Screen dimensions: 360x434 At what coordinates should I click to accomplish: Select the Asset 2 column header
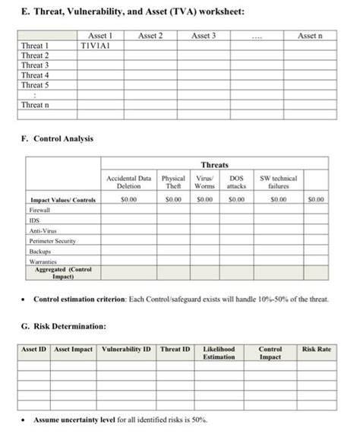(150, 36)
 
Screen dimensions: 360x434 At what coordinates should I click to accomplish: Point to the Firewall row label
(39, 209)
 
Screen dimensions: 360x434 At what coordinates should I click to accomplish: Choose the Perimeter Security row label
(52, 240)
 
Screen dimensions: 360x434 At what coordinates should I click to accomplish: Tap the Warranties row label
(44, 261)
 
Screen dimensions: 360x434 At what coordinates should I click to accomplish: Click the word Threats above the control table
(214, 165)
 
